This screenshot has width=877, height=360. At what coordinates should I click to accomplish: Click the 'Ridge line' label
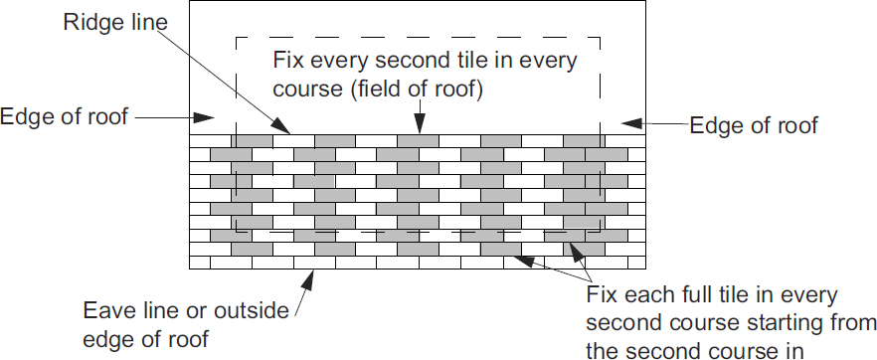(109, 20)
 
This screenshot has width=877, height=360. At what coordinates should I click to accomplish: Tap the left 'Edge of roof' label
(65, 116)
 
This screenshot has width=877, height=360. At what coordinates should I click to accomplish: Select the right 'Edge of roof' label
(754, 125)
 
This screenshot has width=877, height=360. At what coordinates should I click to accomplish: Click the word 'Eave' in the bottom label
(106, 311)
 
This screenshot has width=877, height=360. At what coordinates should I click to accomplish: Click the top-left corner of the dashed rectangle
(236, 39)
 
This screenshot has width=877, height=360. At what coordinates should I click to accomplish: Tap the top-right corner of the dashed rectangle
(601, 39)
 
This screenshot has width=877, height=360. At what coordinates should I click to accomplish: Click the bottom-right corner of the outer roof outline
(646, 269)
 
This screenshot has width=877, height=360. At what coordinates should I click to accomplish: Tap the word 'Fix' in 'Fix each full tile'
(601, 297)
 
